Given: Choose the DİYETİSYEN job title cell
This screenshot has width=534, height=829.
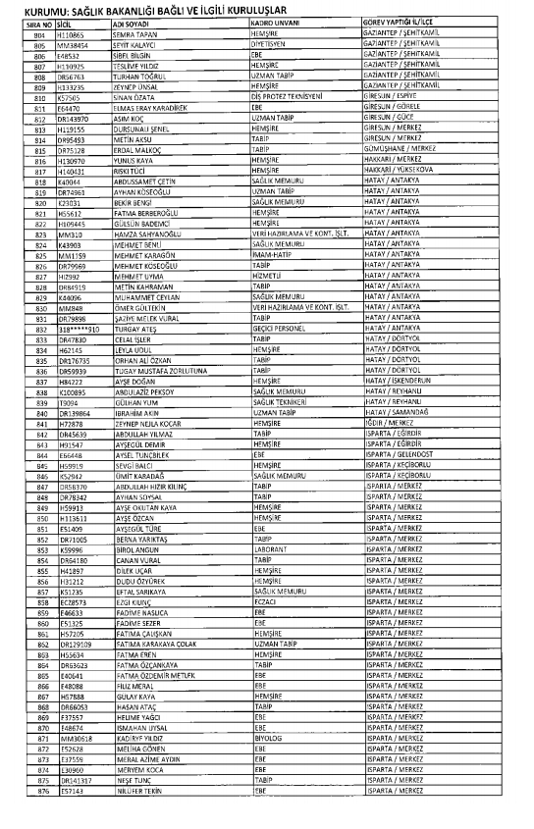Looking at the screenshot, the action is coord(272,44).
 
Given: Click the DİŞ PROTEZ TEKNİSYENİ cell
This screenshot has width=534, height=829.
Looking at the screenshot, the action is coord(294,99).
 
